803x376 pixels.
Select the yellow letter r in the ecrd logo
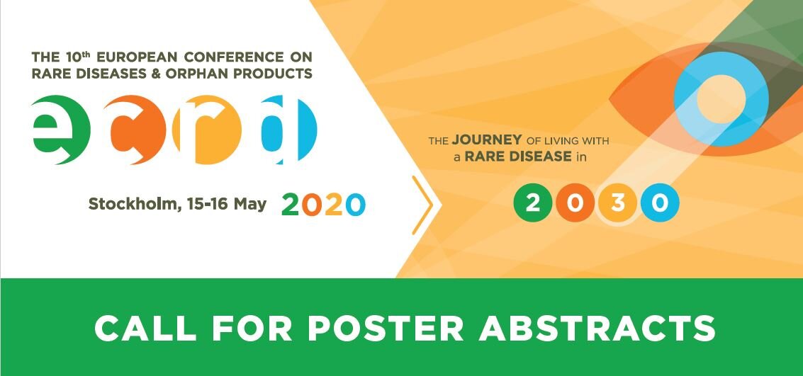(x=207, y=130)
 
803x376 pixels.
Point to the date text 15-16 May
(x=228, y=205)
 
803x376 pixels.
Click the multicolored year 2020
(x=323, y=205)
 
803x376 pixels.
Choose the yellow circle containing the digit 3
(x=617, y=204)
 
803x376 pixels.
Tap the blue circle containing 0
(x=659, y=204)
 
